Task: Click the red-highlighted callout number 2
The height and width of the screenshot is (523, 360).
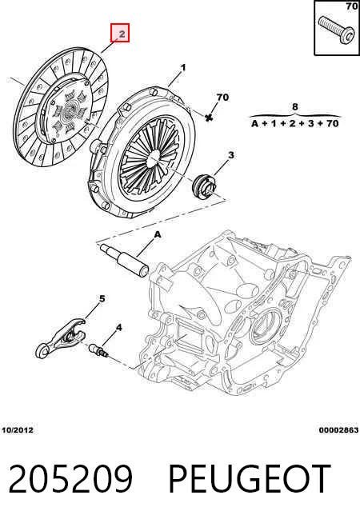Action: click(x=120, y=33)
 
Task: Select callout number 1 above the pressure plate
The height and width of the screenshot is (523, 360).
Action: click(x=183, y=68)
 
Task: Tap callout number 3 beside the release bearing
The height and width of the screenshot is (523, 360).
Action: click(x=230, y=155)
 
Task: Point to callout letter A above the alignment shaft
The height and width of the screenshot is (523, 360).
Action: click(x=158, y=235)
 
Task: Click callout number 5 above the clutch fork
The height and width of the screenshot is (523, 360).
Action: click(x=102, y=298)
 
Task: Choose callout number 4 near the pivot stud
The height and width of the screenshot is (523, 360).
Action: click(x=118, y=328)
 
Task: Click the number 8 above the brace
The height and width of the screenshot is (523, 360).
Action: click(x=295, y=106)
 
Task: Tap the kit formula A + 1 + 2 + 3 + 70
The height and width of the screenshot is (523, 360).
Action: click(x=295, y=124)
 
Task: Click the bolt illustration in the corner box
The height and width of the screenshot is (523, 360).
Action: click(x=334, y=30)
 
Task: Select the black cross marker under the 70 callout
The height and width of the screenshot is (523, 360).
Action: click(x=209, y=117)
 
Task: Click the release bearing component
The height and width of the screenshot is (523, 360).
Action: click(x=204, y=186)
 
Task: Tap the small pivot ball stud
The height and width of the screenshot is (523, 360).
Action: click(x=98, y=350)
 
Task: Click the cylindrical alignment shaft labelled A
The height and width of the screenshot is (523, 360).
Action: click(x=124, y=261)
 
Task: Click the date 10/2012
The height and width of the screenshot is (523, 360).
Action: click(x=18, y=430)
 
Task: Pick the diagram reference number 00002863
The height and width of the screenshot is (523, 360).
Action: click(x=338, y=430)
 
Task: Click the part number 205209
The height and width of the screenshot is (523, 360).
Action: click(x=70, y=479)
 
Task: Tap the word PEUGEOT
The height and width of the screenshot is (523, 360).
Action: click(x=250, y=479)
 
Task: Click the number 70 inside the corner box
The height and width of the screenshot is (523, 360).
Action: click(x=352, y=6)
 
